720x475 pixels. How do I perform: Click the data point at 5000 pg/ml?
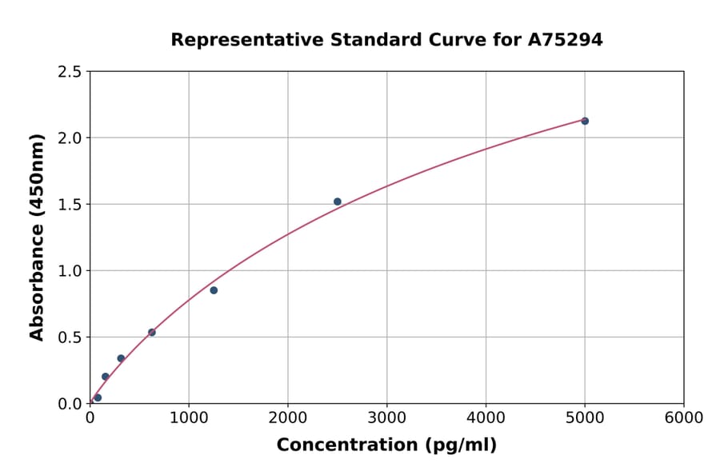(x=585, y=121)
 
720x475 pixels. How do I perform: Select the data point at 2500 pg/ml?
(x=338, y=202)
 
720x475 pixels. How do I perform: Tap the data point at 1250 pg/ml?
(x=214, y=290)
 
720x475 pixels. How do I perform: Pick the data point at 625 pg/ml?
(x=152, y=332)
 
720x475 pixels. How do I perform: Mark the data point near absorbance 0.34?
(x=121, y=358)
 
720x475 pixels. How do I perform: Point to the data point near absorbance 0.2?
(x=106, y=377)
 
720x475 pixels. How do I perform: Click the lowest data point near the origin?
(x=98, y=397)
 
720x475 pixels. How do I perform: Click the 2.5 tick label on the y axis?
(x=70, y=72)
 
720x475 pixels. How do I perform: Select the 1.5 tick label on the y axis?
(x=70, y=205)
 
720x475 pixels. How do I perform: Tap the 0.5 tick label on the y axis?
(x=70, y=337)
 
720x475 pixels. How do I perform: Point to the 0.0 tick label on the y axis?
(x=70, y=404)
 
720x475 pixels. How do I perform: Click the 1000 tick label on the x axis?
(x=189, y=418)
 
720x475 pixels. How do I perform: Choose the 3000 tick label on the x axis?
(x=387, y=418)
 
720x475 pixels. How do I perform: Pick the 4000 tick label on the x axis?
(x=486, y=418)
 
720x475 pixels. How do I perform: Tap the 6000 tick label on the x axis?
(x=684, y=418)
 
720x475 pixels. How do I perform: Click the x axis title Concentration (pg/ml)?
(x=386, y=445)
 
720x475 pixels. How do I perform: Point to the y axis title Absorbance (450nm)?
(x=37, y=237)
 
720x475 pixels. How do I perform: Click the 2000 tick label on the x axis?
(x=288, y=418)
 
